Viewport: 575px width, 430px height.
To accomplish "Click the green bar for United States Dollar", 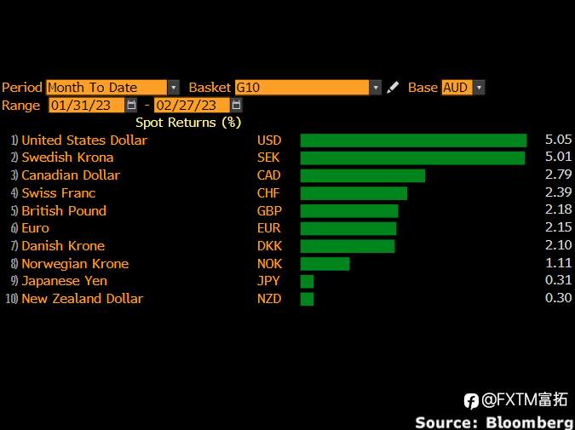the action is pos(413,140).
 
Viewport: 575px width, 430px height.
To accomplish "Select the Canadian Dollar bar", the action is pos(363,175).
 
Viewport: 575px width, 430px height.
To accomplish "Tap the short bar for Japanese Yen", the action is pos(307,282).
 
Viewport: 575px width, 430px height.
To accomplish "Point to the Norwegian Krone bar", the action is pos(325,264).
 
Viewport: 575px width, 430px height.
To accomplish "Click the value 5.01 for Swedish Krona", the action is pos(558,157).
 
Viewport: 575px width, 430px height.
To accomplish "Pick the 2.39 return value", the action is pos(558,192).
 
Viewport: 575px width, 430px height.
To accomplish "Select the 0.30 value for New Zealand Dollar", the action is pos(558,298).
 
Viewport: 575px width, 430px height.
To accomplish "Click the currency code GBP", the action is pos(269,211).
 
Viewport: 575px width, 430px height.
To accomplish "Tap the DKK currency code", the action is pos(269,245).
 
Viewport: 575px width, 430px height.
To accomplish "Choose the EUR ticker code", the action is pos(269,228).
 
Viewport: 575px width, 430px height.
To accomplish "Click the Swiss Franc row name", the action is pos(59,193).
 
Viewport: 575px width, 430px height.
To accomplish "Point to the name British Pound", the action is pos(64,211).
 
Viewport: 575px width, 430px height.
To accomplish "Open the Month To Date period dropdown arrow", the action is pos(174,88).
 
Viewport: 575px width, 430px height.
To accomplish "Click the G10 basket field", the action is pos(302,88).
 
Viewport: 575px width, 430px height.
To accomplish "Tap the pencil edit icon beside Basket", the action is pos(393,87).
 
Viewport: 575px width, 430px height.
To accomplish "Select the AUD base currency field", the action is pos(457,88).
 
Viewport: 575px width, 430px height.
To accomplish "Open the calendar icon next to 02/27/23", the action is pos(237,106).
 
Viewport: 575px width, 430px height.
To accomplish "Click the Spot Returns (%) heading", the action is pos(188,123).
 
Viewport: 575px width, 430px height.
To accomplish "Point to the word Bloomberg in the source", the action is pos(530,422).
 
